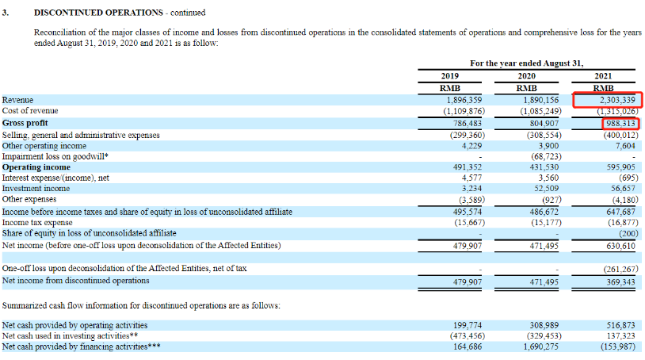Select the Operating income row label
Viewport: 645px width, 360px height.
[36, 167]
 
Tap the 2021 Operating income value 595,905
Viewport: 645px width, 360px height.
[619, 167]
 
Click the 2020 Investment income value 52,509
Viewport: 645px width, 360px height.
[546, 189]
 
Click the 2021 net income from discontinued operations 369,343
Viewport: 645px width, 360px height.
[619, 281]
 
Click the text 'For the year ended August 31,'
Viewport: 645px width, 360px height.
[526, 63]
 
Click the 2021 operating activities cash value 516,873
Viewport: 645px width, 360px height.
[619, 326]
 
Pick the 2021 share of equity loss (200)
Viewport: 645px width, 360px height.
[624, 234]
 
